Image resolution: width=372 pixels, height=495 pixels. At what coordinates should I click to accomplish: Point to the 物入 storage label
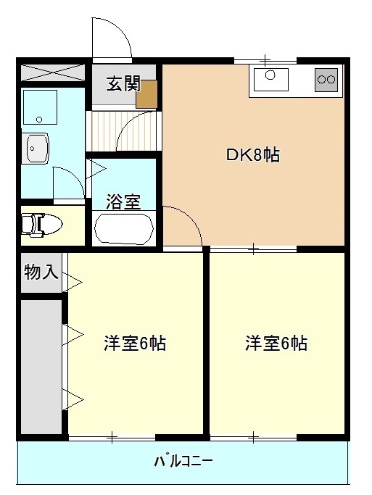[40, 273]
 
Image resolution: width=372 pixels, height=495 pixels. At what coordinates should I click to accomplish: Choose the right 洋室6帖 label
[276, 344]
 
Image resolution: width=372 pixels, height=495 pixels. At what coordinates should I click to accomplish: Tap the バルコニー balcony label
[183, 461]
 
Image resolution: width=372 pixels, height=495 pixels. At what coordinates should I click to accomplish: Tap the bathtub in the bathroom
[123, 228]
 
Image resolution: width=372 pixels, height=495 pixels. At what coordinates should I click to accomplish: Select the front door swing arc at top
[111, 38]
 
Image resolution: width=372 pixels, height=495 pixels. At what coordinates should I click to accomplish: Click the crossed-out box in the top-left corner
[53, 74]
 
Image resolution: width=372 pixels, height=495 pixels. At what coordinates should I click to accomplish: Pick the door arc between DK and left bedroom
[183, 226]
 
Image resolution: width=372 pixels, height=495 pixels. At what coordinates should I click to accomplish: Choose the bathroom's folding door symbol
[96, 170]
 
